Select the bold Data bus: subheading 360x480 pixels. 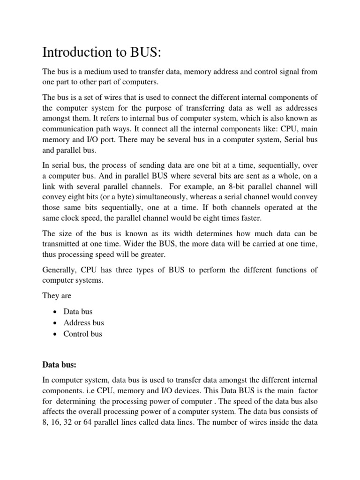tap(58, 364)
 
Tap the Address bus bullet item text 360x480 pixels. tap(84, 322)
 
